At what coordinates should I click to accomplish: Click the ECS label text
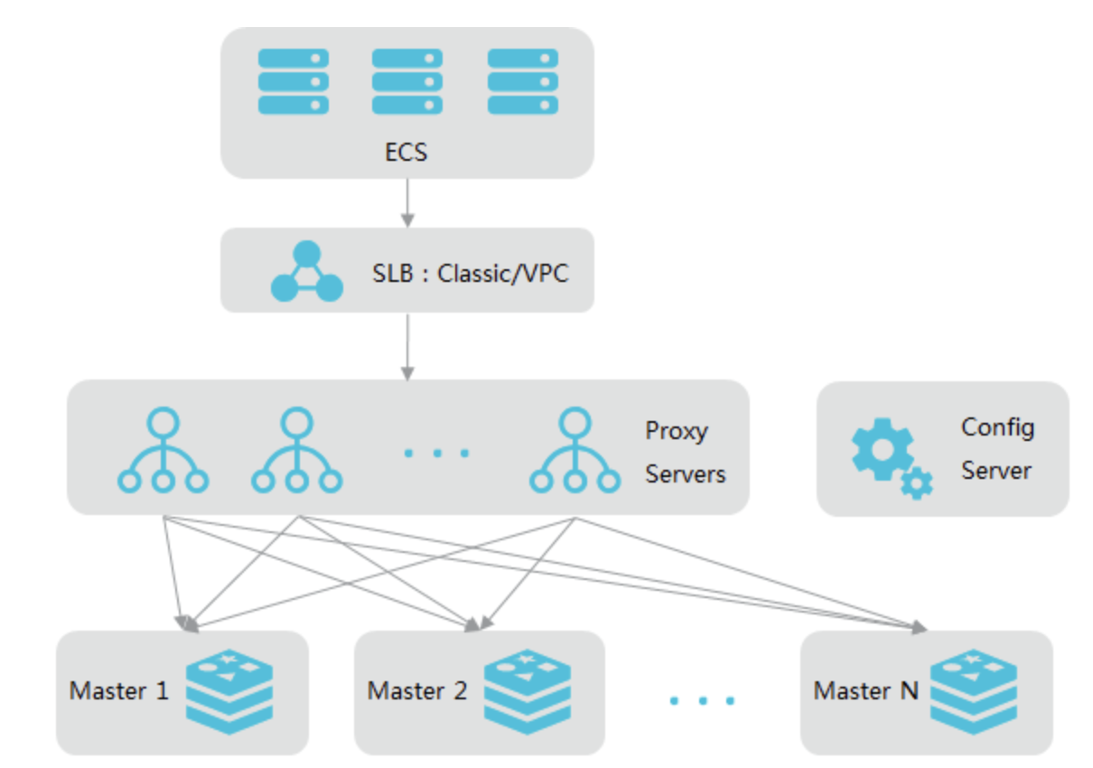pyautogui.click(x=406, y=151)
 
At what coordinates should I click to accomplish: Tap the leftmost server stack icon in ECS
pyautogui.click(x=293, y=81)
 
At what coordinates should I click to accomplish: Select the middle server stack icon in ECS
pyautogui.click(x=407, y=81)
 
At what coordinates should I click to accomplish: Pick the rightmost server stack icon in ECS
pyautogui.click(x=522, y=81)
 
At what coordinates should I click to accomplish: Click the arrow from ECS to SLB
pyautogui.click(x=407, y=202)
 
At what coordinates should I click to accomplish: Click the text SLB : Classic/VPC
pyautogui.click(x=471, y=273)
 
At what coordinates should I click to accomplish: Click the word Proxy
pyautogui.click(x=676, y=431)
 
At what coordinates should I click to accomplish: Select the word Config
pyautogui.click(x=997, y=426)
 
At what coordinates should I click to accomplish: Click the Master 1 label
pyautogui.click(x=119, y=691)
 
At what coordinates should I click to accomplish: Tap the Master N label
pyautogui.click(x=865, y=691)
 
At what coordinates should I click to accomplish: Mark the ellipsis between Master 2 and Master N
pyautogui.click(x=702, y=699)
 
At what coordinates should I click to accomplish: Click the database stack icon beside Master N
pyautogui.click(x=974, y=691)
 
